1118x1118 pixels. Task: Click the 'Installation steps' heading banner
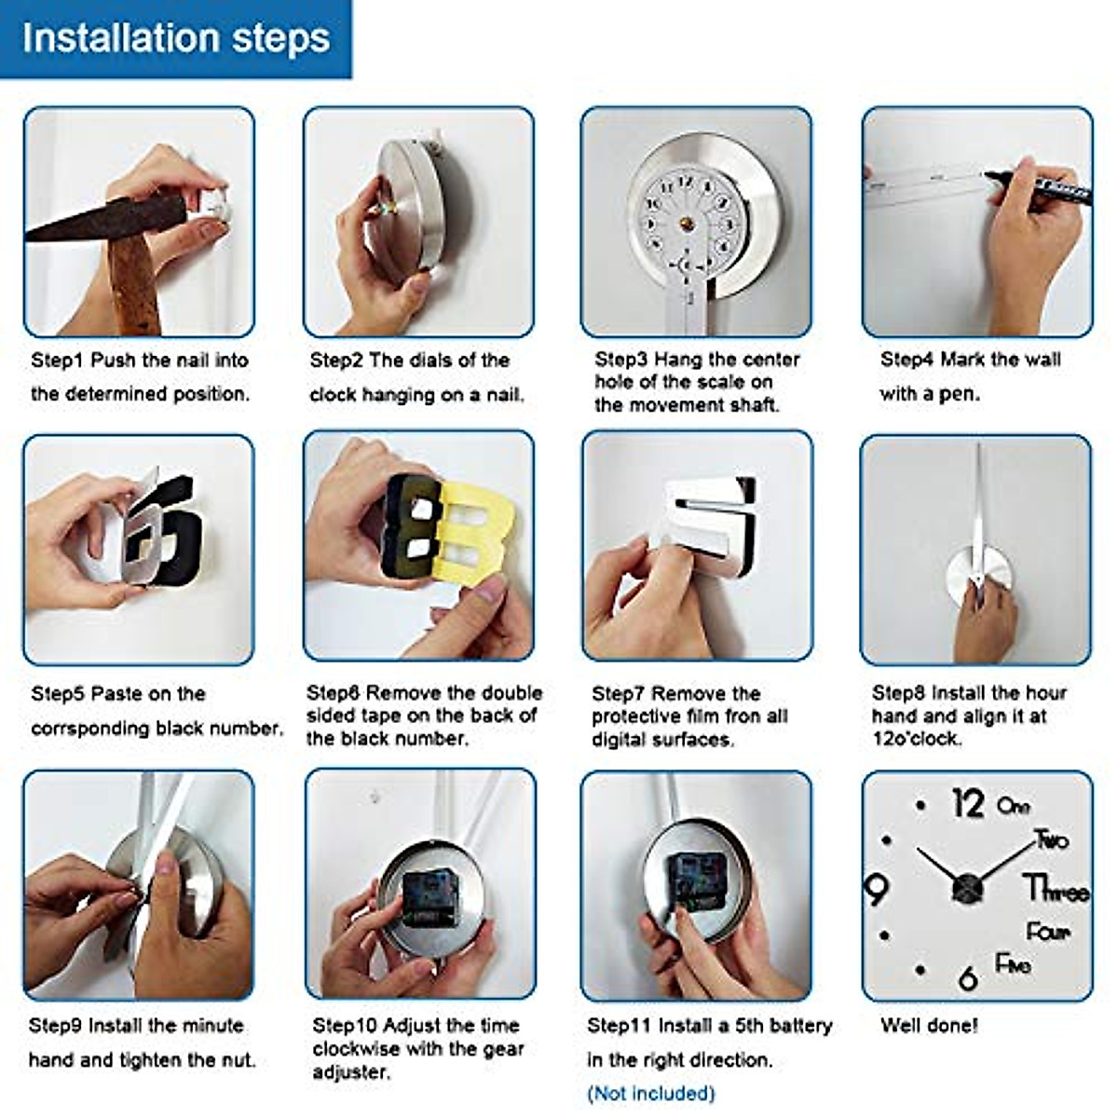click(x=175, y=39)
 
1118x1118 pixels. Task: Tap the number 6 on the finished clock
click(x=968, y=978)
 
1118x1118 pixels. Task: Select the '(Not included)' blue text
click(x=651, y=1094)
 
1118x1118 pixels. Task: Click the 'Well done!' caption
click(x=929, y=1026)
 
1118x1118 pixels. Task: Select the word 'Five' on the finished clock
click(x=1013, y=964)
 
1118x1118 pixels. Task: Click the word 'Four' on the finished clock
click(x=1048, y=932)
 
